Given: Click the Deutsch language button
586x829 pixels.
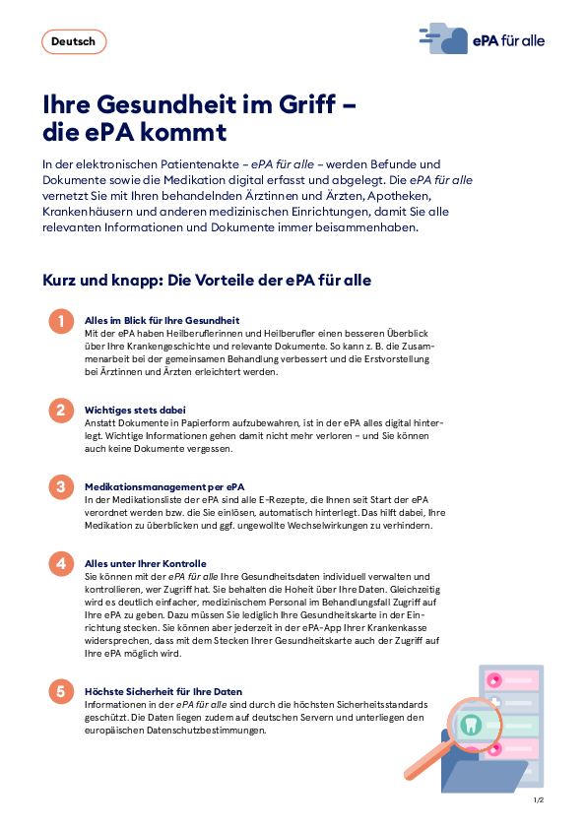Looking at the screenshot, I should coord(74,41).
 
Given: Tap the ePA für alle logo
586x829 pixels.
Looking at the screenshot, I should coord(482,40).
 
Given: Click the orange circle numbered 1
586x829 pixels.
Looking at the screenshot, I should coord(61,322).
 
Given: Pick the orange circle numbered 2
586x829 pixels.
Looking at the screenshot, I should coord(61,411).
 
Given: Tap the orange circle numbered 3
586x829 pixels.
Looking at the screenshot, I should coord(61,487).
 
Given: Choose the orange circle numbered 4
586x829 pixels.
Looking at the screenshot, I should coord(61,564).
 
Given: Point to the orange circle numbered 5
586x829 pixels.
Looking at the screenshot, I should coord(61,692).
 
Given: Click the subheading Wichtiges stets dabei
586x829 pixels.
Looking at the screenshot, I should coord(136,410).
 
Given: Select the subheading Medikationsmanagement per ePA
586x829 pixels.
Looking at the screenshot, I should coord(165,486).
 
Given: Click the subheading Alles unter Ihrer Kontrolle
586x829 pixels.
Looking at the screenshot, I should coord(146,563).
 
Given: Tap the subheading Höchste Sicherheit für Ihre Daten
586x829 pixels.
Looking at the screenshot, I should coord(163,691).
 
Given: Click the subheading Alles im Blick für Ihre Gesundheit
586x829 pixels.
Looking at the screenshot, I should coord(163,321).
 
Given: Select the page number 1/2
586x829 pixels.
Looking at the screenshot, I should coord(539,801).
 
